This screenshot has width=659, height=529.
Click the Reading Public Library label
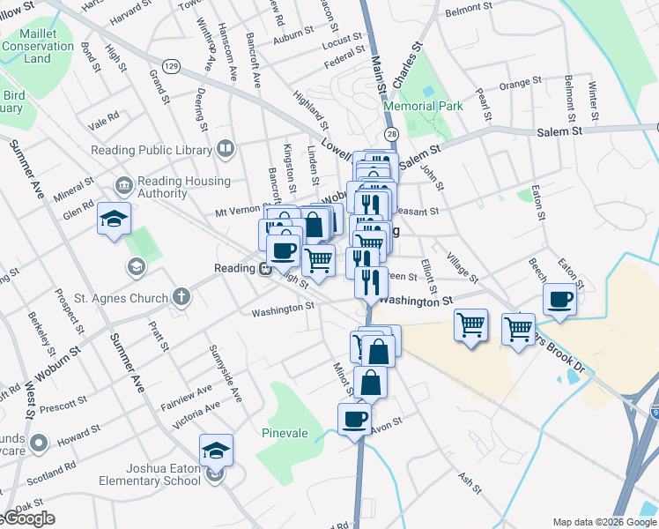[x=152, y=149]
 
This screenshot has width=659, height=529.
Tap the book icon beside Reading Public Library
[x=226, y=148]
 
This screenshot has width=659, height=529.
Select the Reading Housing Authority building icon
[x=122, y=185]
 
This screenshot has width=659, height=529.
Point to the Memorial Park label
[x=423, y=106]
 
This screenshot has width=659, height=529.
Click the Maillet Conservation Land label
[x=37, y=45]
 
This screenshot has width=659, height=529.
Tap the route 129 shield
[x=172, y=66]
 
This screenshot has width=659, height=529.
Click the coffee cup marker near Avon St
[x=354, y=419]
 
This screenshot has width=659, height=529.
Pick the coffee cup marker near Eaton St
[x=560, y=300]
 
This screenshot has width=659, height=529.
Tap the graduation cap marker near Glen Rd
[x=114, y=218]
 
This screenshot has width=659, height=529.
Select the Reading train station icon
[x=264, y=268]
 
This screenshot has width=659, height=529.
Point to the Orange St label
[x=518, y=85]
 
